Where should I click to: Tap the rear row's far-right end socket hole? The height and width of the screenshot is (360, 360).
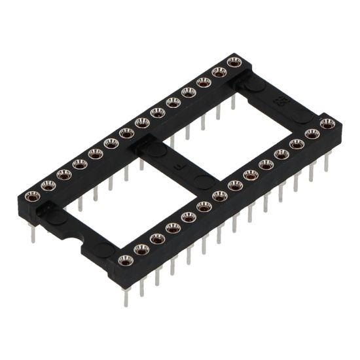pyautogui.click(x=234, y=62)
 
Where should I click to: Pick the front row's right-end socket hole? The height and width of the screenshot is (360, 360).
pyautogui.click(x=327, y=123)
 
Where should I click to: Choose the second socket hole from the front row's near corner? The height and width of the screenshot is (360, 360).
pyautogui.click(x=141, y=249)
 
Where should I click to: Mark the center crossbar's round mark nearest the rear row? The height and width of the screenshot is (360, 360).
pyautogui.click(x=155, y=150)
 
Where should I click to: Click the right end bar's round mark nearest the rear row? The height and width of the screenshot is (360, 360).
pyautogui.click(x=254, y=84)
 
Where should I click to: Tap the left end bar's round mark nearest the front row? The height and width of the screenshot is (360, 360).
pyautogui.click(x=105, y=249)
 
